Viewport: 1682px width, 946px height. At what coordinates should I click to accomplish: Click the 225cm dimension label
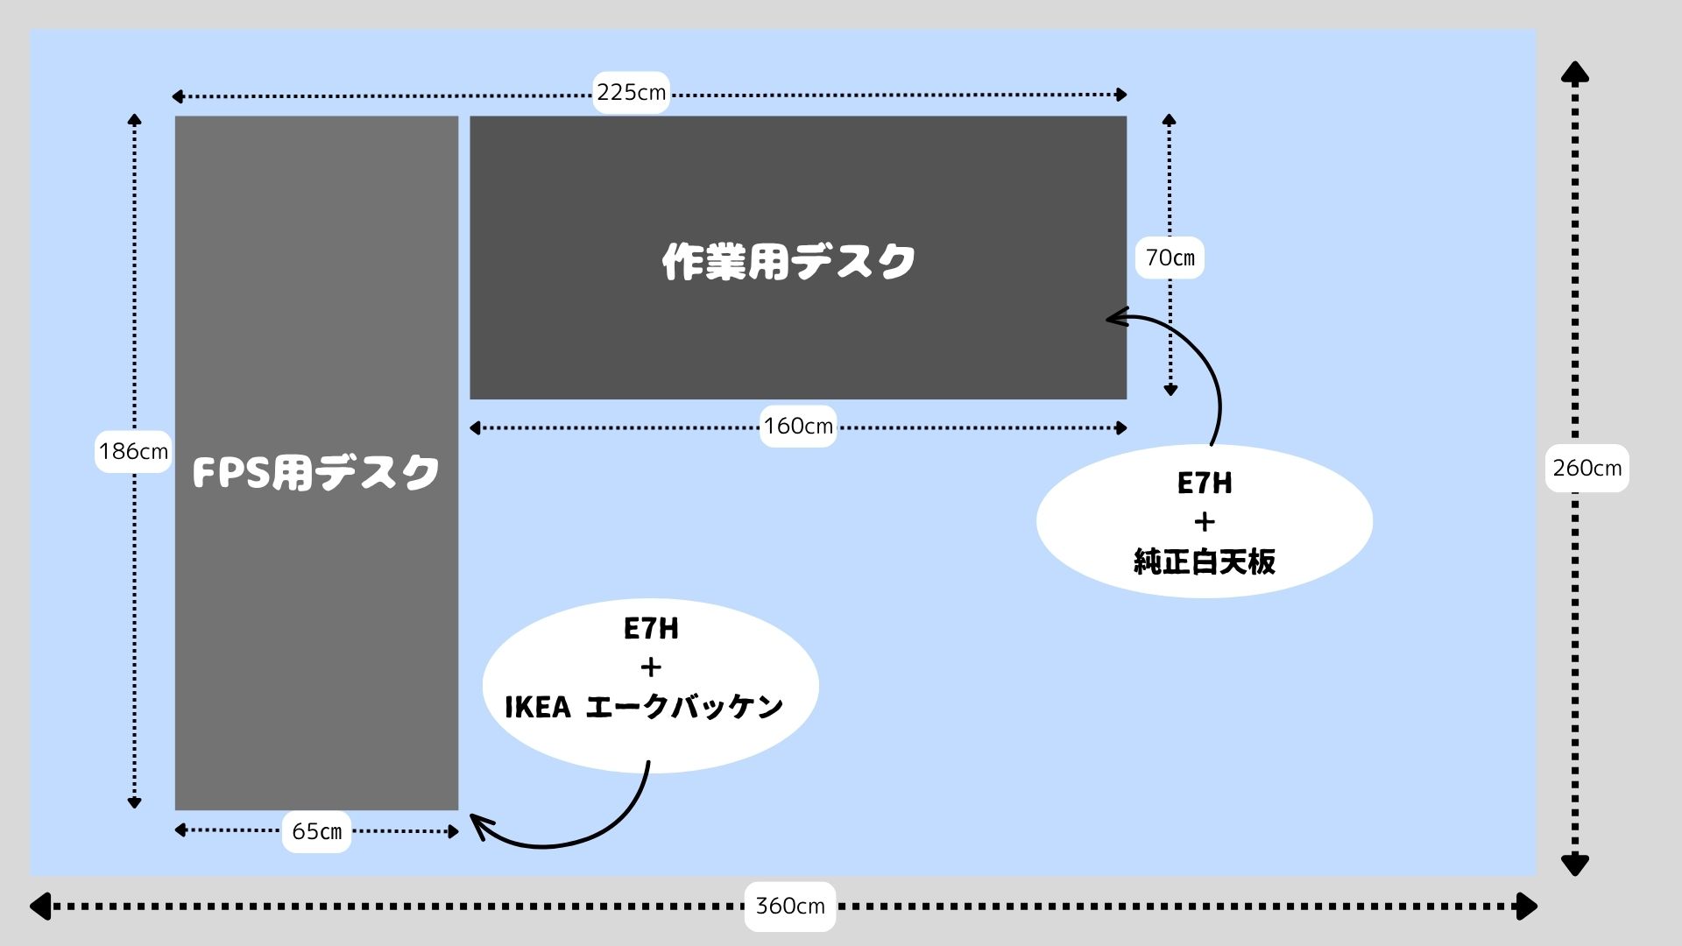[x=631, y=92]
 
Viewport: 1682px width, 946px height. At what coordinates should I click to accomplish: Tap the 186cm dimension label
[x=133, y=452]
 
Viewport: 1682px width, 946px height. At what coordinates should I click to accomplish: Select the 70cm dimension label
[x=1170, y=258]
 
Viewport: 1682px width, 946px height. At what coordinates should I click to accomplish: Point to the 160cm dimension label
[x=798, y=427]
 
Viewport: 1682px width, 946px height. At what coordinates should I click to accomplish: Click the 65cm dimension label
[x=316, y=831]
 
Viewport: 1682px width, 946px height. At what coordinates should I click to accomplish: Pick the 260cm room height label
[x=1587, y=469]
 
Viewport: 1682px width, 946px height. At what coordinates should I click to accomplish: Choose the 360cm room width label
[x=790, y=906]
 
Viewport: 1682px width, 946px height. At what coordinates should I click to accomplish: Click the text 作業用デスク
[x=788, y=262]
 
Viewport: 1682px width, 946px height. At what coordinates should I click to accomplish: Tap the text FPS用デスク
[x=315, y=473]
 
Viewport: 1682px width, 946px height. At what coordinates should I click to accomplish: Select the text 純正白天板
[x=1205, y=561]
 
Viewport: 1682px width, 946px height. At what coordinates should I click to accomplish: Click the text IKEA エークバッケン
[x=644, y=707]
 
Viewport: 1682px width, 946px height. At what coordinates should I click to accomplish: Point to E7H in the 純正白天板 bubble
[x=1205, y=484]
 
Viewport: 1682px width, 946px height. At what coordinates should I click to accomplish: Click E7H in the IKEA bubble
[x=651, y=629]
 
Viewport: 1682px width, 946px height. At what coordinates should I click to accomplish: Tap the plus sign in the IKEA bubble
[x=651, y=668]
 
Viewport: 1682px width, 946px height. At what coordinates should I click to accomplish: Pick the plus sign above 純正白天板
[x=1205, y=523]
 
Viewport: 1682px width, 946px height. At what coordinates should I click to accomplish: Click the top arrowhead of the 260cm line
[x=1575, y=71]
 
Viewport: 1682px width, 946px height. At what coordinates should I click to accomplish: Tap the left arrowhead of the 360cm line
[x=39, y=906]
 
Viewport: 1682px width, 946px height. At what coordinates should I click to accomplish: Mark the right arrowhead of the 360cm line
[x=1528, y=906]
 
